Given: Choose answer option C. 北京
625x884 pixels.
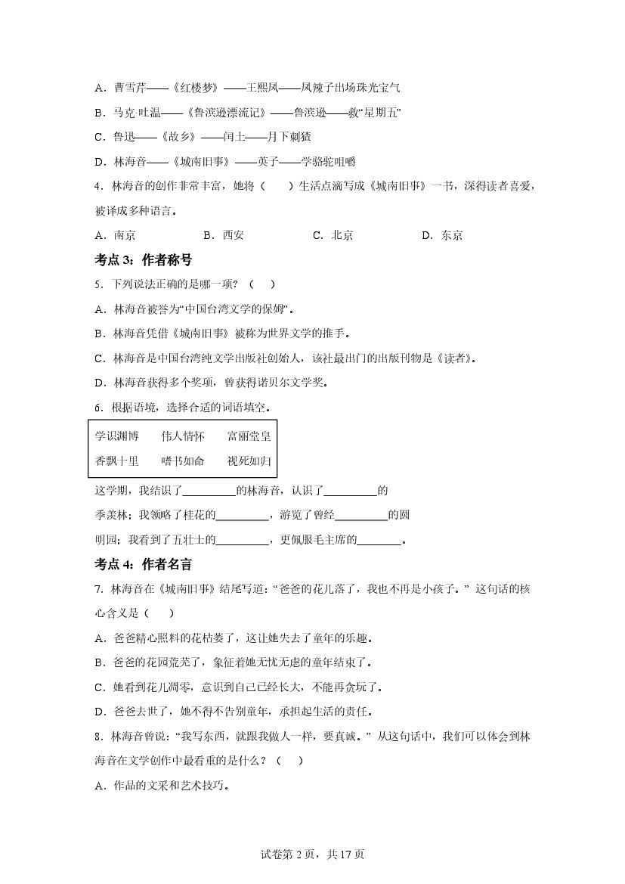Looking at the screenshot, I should [333, 235].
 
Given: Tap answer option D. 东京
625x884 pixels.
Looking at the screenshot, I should [442, 235].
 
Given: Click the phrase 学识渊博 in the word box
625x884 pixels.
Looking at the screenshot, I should [117, 436].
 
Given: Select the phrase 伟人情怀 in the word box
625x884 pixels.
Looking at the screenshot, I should [183, 436].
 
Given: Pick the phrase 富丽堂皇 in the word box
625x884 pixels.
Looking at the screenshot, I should [249, 436].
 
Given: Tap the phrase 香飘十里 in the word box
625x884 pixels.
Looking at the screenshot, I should [117, 461].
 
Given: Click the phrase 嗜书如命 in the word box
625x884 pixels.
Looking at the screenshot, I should [183, 461].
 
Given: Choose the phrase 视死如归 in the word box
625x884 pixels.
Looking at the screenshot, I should [249, 461].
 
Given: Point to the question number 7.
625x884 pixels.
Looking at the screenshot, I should [97, 589].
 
